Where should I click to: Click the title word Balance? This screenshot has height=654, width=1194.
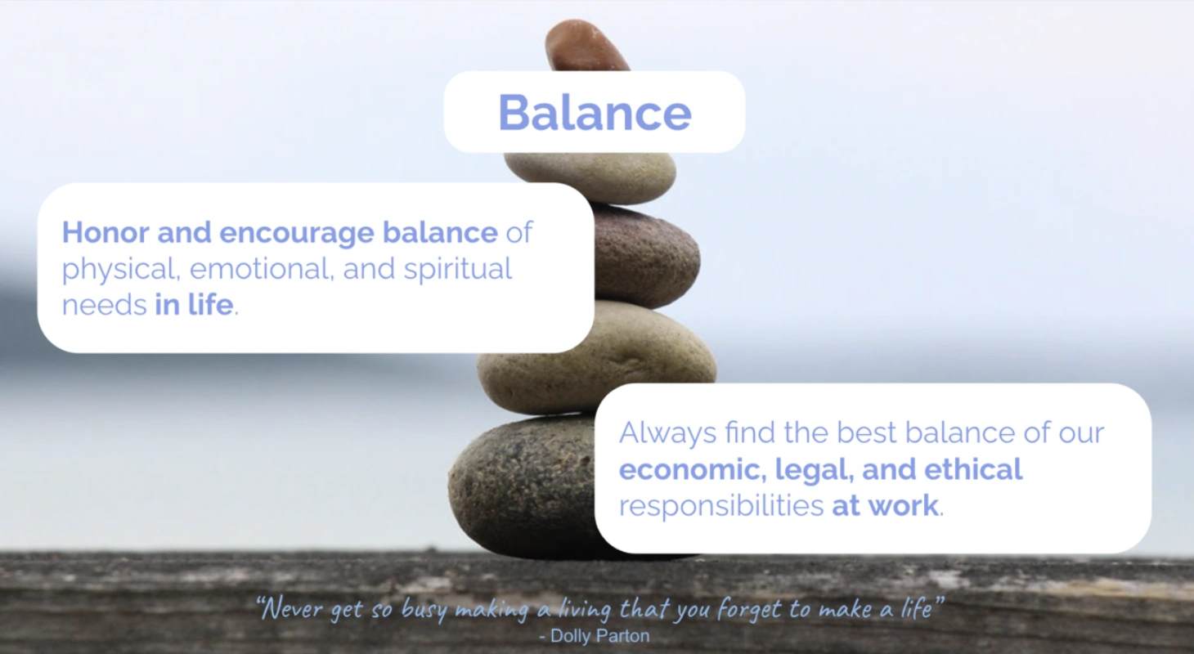595,113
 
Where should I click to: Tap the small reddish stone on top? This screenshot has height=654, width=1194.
586,47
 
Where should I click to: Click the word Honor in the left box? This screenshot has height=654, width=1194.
105,232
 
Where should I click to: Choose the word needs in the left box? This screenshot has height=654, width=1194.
104,306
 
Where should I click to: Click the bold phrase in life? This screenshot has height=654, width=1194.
194,305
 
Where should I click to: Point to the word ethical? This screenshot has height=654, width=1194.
973,469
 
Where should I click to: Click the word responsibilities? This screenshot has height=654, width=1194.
721,506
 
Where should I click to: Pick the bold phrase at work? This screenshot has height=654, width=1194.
886,506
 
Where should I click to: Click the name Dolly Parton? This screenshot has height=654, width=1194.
599,636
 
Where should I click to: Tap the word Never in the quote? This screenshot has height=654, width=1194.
292,609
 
